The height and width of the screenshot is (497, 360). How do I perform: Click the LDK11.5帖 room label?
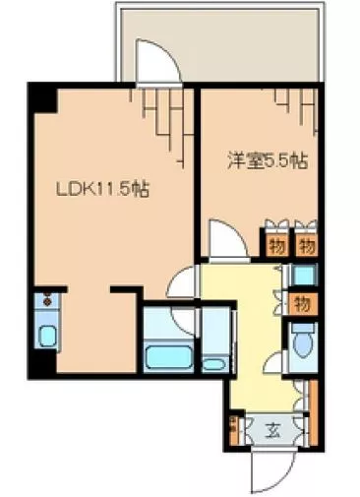tap(104, 190)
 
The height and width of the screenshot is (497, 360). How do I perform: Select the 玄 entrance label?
tap(270, 429)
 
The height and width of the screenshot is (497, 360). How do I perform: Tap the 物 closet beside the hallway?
tap(303, 303)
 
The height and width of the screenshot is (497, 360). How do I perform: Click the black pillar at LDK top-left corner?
tap(40, 97)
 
